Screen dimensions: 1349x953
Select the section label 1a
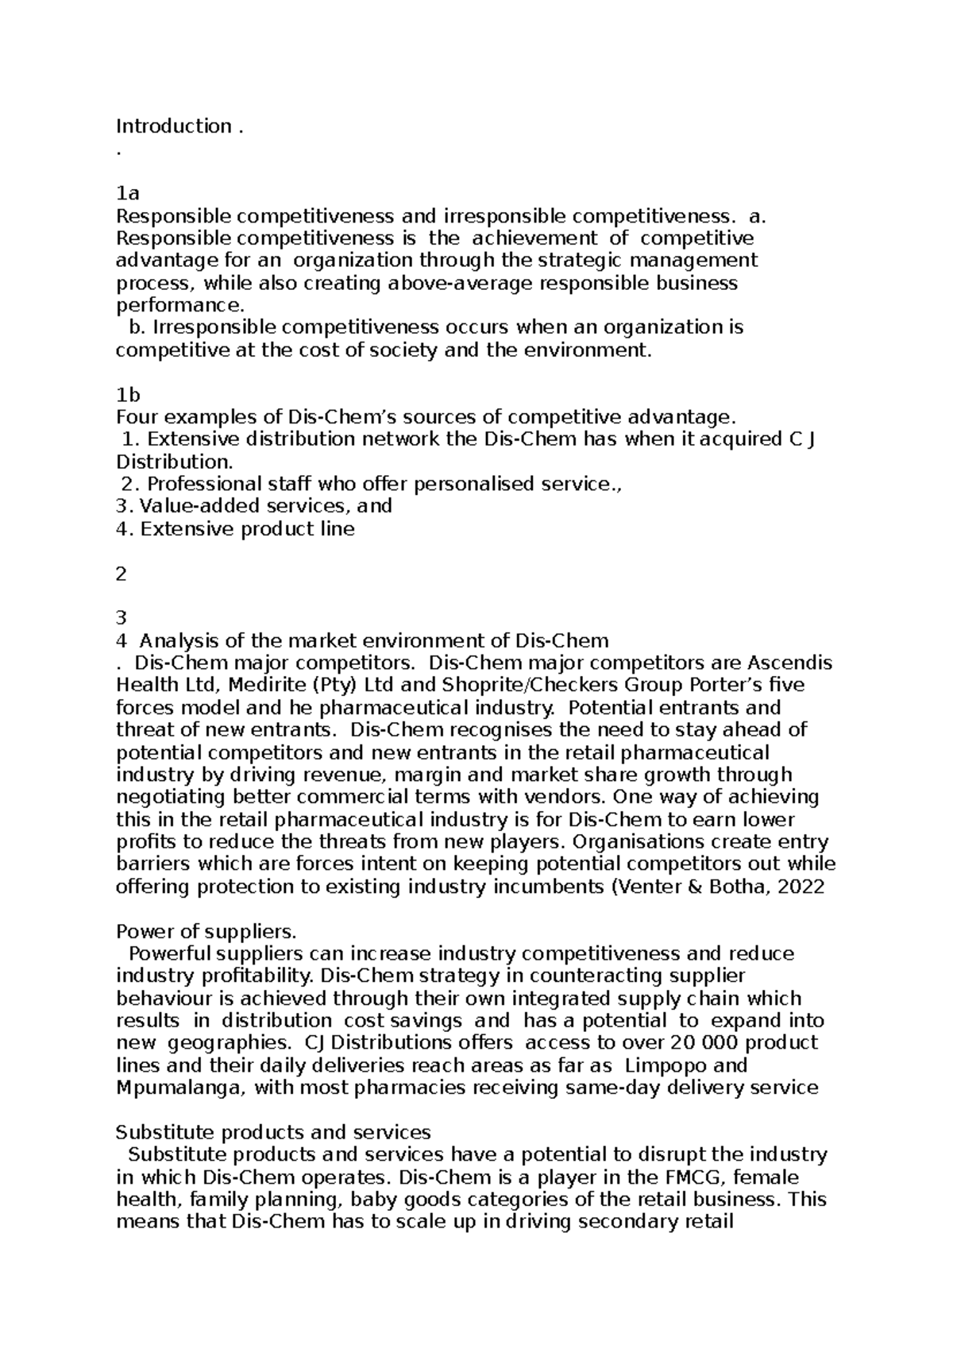click(127, 193)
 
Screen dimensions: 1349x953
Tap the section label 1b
click(128, 395)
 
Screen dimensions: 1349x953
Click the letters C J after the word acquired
click(803, 439)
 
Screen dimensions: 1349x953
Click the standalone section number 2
click(121, 574)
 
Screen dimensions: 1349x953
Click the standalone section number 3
click(121, 618)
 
